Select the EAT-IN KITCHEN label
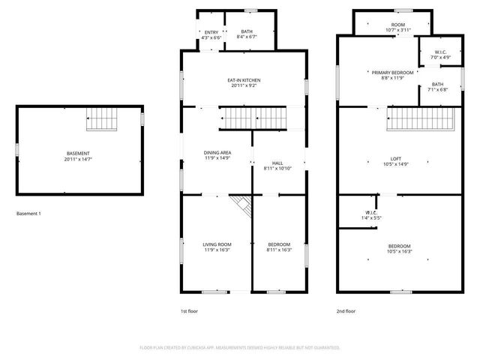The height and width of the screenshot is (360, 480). [244, 83]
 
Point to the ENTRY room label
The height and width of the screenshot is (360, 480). [211, 34]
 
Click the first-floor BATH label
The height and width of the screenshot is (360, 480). [247, 34]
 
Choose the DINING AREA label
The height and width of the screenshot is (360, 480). [217, 155]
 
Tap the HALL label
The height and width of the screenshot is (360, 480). [277, 166]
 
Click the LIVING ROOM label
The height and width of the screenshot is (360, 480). [217, 247]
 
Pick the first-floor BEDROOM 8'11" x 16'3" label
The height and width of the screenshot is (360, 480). [279, 247]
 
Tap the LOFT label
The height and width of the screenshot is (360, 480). [396, 160]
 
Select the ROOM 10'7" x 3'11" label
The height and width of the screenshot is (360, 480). [397, 27]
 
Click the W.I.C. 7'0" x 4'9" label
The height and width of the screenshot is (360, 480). [440, 54]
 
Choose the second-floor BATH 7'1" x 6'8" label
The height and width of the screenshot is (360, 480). [437, 87]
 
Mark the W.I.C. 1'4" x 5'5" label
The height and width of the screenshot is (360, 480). [372, 215]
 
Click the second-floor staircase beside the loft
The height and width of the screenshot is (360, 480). [422, 118]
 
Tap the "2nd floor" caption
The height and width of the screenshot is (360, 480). [346, 310]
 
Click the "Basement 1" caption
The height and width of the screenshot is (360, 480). [28, 214]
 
